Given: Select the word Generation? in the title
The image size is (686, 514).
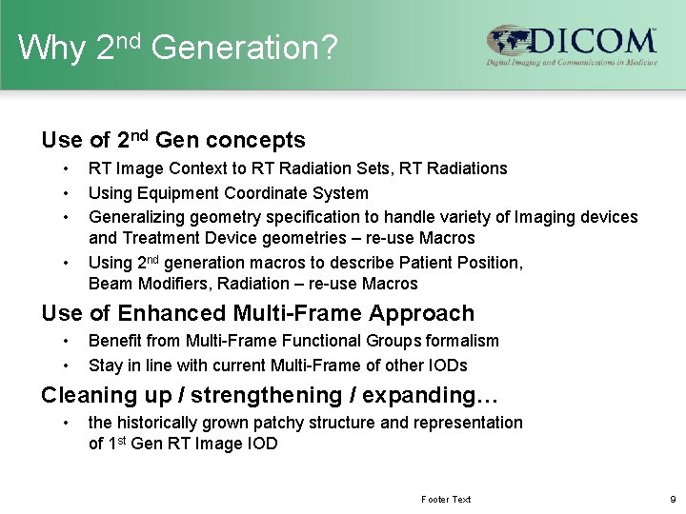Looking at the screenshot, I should (x=244, y=48).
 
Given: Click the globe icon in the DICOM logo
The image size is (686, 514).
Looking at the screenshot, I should (x=505, y=42).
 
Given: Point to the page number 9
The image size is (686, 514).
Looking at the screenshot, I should (x=673, y=499).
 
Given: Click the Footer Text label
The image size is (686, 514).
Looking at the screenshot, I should (x=446, y=499).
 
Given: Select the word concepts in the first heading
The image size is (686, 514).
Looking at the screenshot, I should (x=258, y=141).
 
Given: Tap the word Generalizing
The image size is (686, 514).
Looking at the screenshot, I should (x=135, y=217).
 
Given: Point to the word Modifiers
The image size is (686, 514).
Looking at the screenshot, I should (x=171, y=283).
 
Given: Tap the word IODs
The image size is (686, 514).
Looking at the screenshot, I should (x=447, y=365).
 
